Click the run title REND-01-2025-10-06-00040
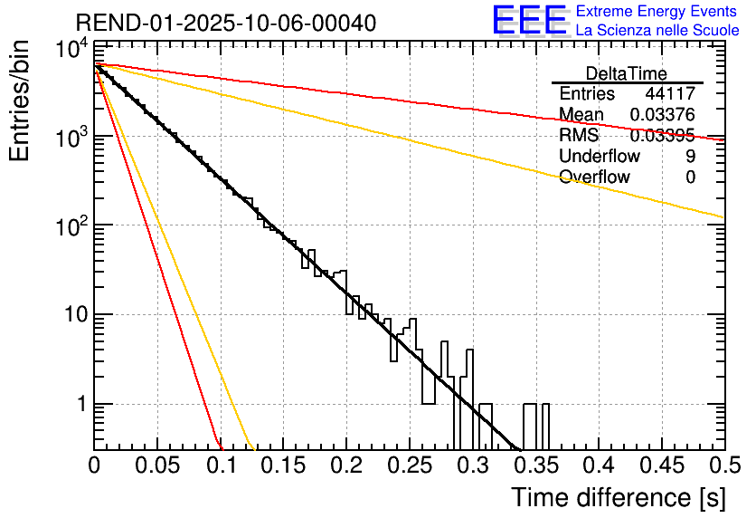click(226, 23)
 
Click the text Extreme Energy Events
click(656, 12)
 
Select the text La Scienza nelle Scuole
click(657, 31)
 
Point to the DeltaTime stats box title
click(627, 73)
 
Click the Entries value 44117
click(670, 93)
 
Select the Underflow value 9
click(690, 156)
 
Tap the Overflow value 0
click(690, 177)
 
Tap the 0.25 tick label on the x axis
click(409, 465)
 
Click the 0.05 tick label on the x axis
click(156, 465)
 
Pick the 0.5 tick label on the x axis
click(721, 465)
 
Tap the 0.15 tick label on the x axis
click(283, 465)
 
